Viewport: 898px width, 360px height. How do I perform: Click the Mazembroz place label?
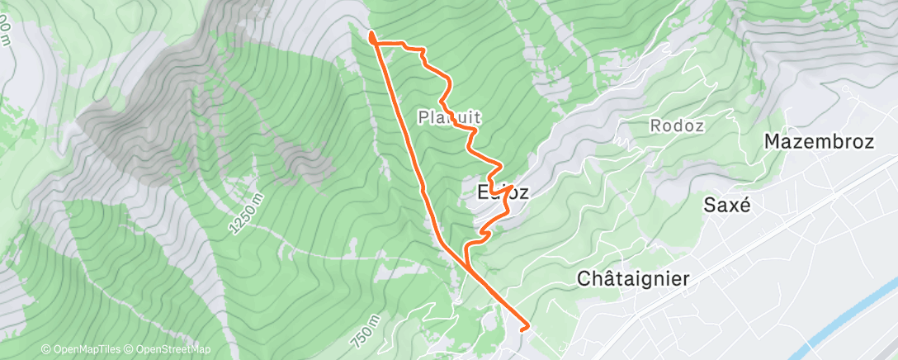pos(819,141)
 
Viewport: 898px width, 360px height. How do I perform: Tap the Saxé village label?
pos(727,205)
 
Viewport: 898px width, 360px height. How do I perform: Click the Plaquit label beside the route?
pos(449,118)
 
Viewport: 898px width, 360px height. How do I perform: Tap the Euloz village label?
pos(503,192)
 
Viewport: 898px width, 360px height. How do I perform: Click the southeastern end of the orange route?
pos(527,328)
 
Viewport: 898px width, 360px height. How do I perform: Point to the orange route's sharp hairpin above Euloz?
pos(513,186)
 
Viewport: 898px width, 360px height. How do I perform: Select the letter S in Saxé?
pos(709,205)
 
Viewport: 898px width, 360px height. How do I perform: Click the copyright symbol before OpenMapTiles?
pos(46,350)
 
